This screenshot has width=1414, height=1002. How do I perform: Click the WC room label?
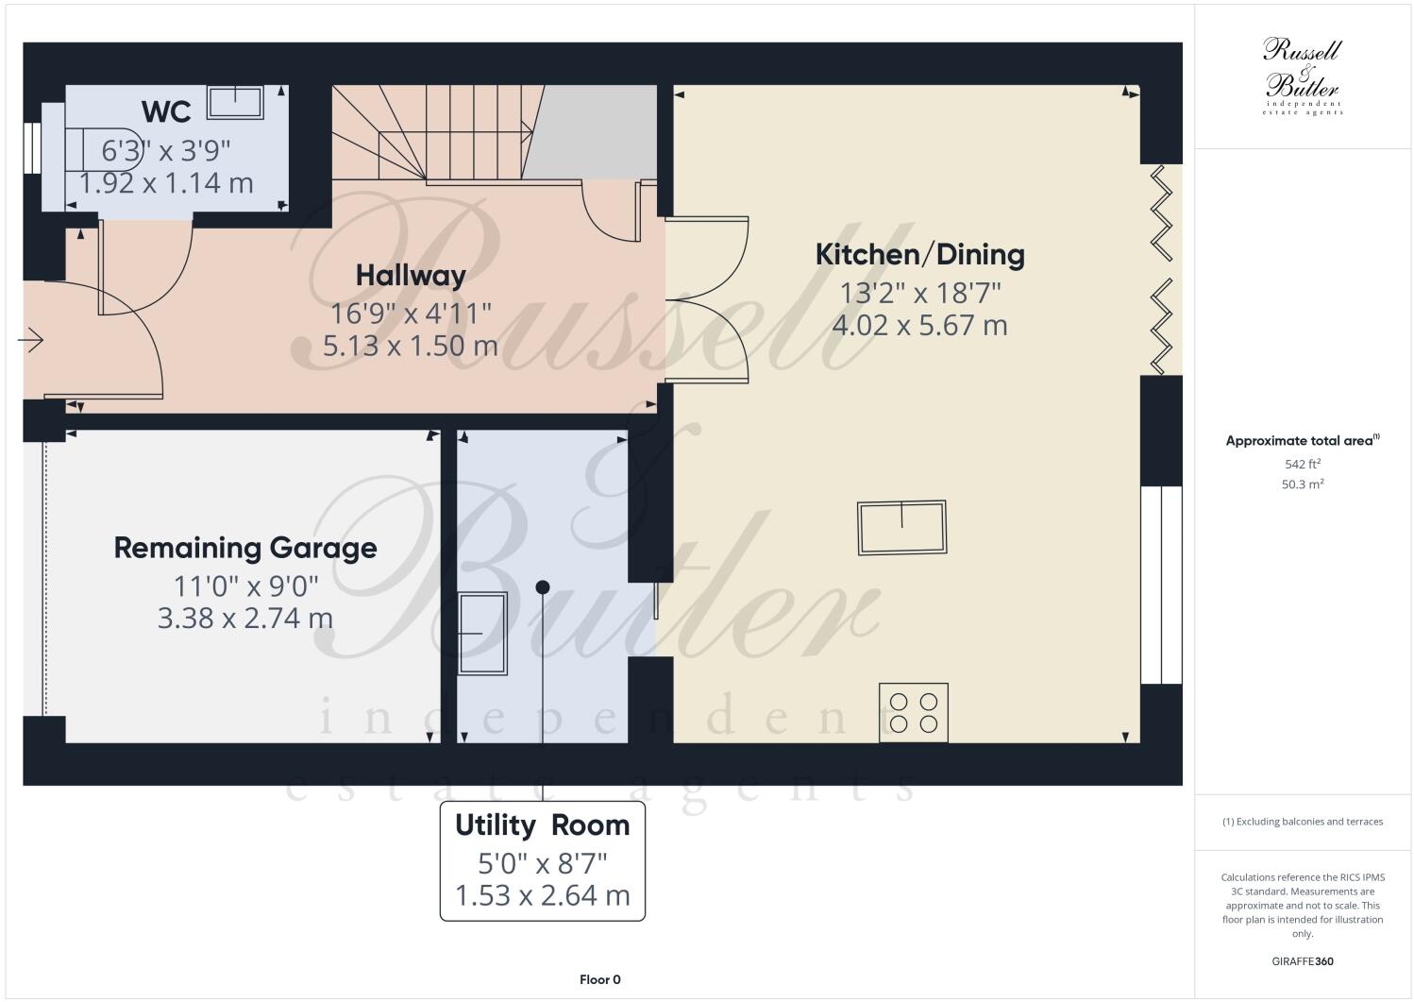click(166, 111)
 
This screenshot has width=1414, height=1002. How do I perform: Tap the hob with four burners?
click(914, 713)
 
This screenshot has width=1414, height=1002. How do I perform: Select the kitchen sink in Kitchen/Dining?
click(901, 527)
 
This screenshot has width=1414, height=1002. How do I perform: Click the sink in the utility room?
click(482, 633)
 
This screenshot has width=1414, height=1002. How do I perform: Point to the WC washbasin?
click(235, 102)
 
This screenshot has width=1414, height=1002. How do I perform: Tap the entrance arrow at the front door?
click(31, 340)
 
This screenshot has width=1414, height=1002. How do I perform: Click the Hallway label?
click(411, 275)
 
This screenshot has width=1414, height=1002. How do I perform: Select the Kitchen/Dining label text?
click(919, 254)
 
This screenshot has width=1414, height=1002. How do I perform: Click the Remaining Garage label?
click(245, 548)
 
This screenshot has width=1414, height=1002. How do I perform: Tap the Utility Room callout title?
click(542, 825)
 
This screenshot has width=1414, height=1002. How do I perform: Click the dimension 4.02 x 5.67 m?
click(919, 326)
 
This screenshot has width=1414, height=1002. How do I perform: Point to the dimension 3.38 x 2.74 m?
click(245, 619)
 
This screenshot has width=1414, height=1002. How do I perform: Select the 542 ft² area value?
click(1302, 464)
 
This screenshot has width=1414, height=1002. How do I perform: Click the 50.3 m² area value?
click(1302, 484)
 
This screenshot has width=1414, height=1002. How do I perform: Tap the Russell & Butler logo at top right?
click(1303, 76)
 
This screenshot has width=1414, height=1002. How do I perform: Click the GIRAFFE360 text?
click(1303, 961)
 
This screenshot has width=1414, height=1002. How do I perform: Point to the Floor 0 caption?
click(599, 979)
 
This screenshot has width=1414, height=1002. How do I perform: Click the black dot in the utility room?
click(543, 587)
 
